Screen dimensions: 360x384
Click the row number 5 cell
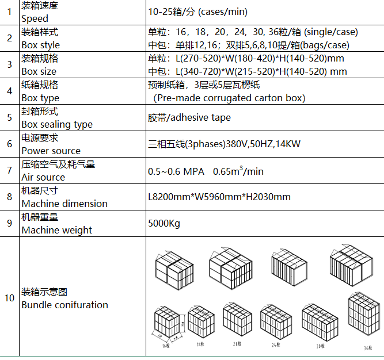click(9, 117)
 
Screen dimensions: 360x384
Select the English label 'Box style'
click(40, 45)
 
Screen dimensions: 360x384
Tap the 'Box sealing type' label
click(57, 124)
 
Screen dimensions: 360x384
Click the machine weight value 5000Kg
click(164, 223)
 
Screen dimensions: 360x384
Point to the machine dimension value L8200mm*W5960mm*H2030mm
click(219, 197)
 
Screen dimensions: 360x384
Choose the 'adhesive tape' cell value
click(189, 117)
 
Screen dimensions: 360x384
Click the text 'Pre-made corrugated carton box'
click(229, 98)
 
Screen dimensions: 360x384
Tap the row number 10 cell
click(9, 298)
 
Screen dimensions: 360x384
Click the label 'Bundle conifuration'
click(64, 305)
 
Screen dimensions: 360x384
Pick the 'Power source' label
click(51, 151)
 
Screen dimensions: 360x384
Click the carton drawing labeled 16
click(166, 325)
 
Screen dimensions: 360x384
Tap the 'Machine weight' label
click(56, 230)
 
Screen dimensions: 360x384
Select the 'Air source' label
click(43, 177)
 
